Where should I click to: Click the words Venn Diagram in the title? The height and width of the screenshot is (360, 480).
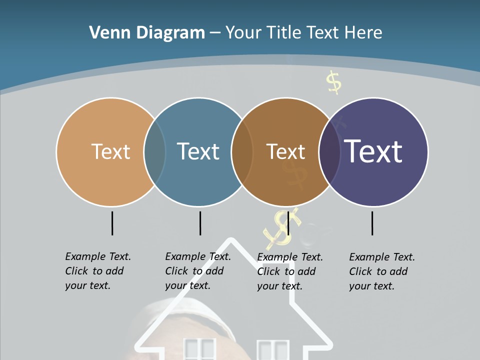click(147, 33)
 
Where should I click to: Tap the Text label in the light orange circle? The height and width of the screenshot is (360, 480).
click(110, 151)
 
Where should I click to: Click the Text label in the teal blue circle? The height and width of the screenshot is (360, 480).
click(198, 151)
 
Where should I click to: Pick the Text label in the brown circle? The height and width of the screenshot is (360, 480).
click(285, 151)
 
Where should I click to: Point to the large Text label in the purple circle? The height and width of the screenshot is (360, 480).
click(373, 151)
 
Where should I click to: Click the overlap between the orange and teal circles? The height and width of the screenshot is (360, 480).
click(155, 151)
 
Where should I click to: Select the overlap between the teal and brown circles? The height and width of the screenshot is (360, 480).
click(242, 151)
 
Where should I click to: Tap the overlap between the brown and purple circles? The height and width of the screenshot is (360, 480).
click(329, 151)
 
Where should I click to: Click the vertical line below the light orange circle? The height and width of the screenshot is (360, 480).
click(112, 223)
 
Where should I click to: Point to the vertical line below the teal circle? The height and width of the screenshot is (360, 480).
click(200, 223)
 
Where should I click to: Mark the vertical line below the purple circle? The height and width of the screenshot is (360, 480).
click(372, 223)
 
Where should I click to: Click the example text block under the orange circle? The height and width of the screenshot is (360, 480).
click(98, 271)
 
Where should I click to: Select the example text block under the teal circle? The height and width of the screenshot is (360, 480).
click(198, 271)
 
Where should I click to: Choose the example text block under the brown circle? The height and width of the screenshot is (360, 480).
click(290, 271)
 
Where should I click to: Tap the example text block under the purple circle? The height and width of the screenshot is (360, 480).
click(382, 271)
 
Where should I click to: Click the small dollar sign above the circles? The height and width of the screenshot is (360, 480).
click(333, 82)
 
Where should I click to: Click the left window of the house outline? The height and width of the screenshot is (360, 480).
click(199, 349)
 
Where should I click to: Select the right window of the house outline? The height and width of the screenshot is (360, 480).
click(273, 350)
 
